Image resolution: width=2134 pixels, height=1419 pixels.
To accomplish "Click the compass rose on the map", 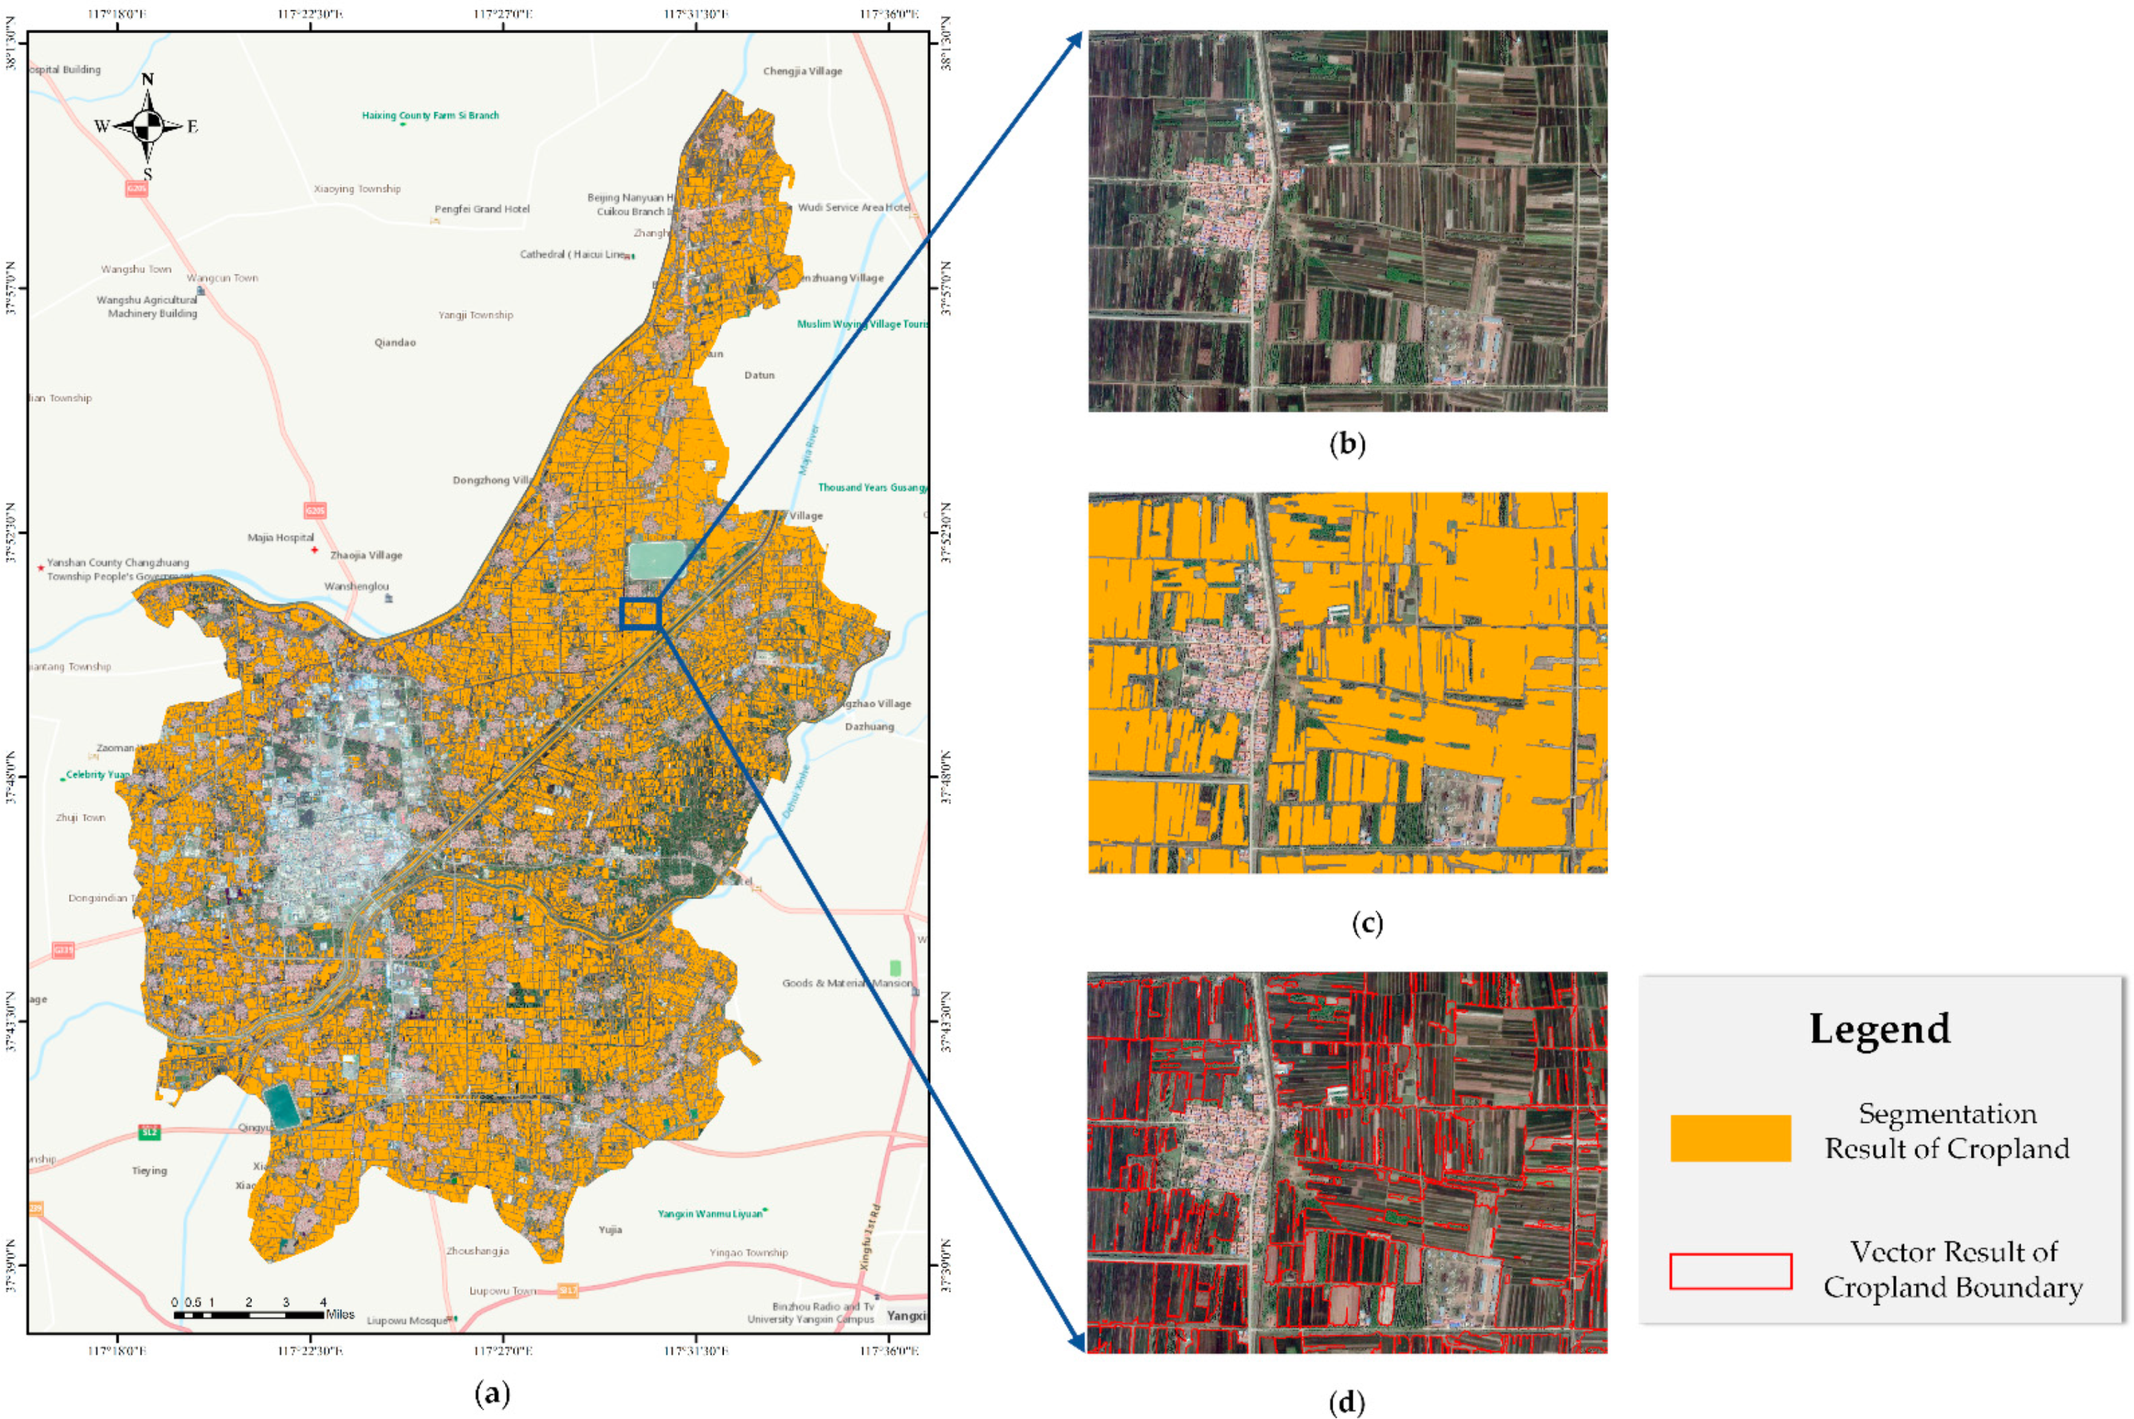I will [148, 126].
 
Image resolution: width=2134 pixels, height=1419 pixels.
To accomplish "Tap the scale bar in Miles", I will [249, 1314].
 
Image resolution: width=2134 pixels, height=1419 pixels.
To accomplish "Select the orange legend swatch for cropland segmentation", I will [1729, 1138].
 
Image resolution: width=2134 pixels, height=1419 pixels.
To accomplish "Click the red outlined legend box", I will [1729, 1271].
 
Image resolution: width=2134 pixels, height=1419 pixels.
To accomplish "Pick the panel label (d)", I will [1347, 1402].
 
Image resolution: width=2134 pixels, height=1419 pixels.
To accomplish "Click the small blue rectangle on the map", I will [641, 613].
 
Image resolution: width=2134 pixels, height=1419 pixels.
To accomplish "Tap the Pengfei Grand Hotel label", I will [482, 209].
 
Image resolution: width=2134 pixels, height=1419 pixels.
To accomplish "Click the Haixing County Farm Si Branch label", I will [431, 116].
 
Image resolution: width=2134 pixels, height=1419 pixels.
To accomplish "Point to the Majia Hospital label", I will [281, 538].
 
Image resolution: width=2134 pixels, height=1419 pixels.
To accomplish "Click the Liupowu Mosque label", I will [407, 1320].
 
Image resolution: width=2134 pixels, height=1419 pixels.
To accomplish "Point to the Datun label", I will [759, 374].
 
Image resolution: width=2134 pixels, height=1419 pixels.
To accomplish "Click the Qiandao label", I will [394, 343].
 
